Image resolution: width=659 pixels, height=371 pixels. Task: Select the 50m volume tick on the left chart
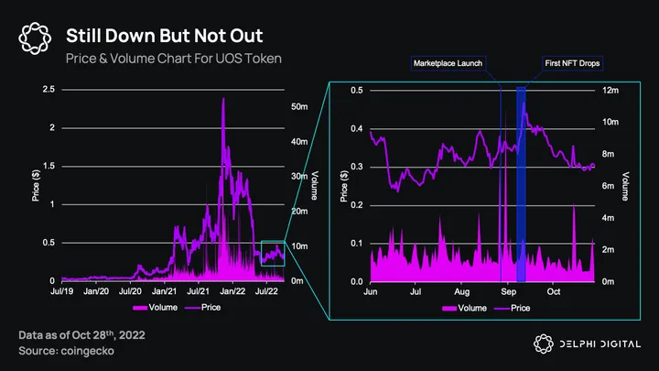pyautogui.click(x=297, y=107)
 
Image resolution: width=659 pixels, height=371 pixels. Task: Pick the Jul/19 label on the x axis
pyautogui.click(x=61, y=290)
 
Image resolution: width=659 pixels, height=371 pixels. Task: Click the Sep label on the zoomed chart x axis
pyautogui.click(x=507, y=290)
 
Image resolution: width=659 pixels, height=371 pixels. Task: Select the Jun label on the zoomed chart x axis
pyautogui.click(x=371, y=290)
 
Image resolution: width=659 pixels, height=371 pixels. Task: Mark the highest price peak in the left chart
pyautogui.click(x=223, y=99)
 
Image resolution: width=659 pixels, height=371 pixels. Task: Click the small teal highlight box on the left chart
pyautogui.click(x=273, y=253)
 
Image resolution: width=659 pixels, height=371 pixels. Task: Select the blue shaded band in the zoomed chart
pyautogui.click(x=521, y=183)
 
